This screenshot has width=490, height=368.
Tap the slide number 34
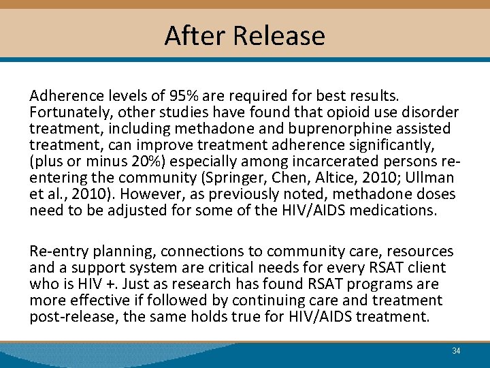[x=456, y=350]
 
